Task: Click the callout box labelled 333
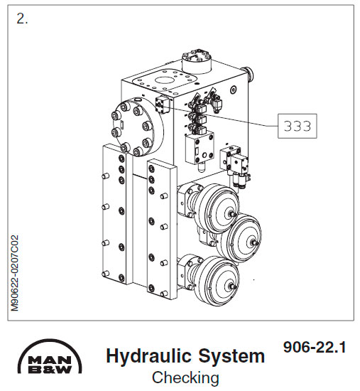click(297, 126)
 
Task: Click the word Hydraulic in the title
click(141, 355)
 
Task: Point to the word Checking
click(185, 377)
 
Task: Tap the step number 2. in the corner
click(22, 19)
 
